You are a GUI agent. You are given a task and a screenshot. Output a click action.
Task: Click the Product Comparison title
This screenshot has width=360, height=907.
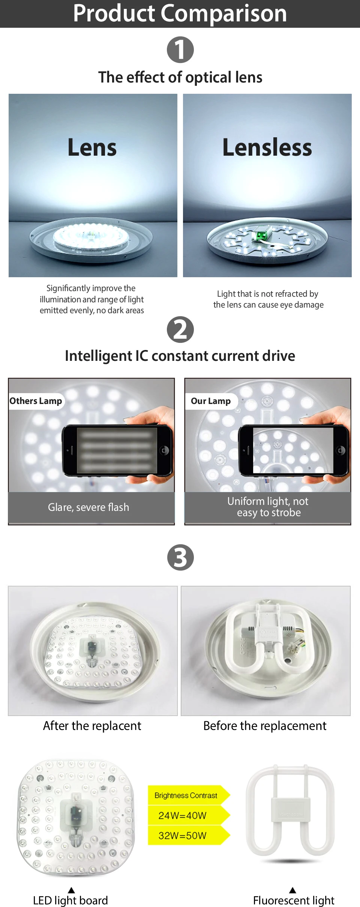tap(180, 13)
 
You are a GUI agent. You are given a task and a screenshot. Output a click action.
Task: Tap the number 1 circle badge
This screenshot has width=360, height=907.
tap(180, 50)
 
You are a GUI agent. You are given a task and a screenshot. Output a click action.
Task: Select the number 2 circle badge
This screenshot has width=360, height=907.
tap(180, 329)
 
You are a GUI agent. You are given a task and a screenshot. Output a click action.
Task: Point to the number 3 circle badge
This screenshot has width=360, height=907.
tap(180, 557)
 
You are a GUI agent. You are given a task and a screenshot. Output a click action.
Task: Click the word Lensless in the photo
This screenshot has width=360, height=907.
tap(267, 147)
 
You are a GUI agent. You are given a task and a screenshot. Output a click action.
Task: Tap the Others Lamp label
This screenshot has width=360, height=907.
tap(36, 401)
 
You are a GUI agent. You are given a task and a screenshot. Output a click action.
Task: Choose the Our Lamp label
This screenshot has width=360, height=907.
tap(211, 401)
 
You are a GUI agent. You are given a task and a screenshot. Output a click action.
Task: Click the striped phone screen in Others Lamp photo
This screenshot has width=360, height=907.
tap(117, 450)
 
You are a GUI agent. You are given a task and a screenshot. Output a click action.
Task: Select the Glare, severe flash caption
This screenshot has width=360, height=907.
tap(88, 507)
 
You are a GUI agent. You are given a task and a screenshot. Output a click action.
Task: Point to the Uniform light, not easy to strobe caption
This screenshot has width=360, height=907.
tap(268, 507)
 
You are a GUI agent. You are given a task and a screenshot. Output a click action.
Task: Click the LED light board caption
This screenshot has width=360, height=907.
tap(70, 900)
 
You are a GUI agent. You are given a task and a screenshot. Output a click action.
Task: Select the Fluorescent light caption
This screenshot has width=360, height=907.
tap(294, 900)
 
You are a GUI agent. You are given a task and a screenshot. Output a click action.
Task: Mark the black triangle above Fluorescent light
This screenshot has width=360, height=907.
tap(292, 890)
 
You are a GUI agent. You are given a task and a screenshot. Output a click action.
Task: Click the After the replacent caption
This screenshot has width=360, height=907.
tap(92, 726)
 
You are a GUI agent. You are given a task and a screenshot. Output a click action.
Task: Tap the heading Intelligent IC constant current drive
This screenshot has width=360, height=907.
tap(180, 356)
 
